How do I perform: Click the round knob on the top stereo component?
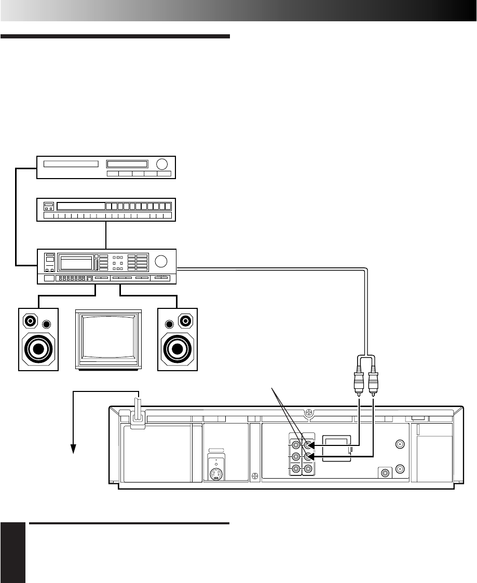click(162, 165)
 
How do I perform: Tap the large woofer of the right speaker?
click(178, 348)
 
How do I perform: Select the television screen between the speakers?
click(108, 338)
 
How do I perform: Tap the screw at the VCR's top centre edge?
click(308, 414)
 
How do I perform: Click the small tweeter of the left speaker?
click(47, 324)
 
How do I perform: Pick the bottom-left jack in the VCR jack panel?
click(296, 469)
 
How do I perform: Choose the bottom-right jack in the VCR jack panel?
click(308, 469)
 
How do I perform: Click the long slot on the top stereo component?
click(71, 164)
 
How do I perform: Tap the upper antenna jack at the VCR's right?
click(400, 444)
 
